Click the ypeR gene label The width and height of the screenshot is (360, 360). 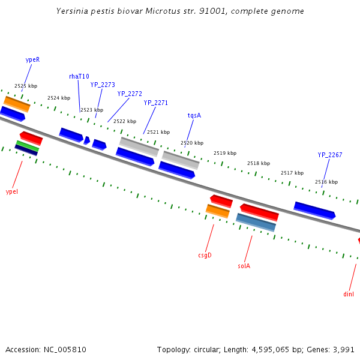pos(32,60)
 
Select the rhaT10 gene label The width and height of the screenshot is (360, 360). pos(79,76)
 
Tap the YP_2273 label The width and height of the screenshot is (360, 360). pos(103,85)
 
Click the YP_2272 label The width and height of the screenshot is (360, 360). pos(130,94)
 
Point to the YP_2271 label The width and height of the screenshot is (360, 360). pos(156,103)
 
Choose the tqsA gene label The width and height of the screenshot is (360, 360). pos(194,115)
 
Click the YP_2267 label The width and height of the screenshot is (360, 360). pos(330,155)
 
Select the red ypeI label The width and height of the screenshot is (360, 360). pos(12,191)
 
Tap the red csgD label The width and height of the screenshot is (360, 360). pos(205,255)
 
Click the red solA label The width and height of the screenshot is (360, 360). pos(244,266)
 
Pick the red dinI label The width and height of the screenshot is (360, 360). pos(349,294)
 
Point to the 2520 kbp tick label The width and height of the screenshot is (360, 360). pos(192,143)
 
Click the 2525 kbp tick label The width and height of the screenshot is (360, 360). pos(26,86)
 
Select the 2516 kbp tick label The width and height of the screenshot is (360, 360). pos(326,182)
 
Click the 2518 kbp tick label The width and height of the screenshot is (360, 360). pos(259,163)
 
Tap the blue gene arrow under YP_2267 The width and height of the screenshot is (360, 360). pos(314,210)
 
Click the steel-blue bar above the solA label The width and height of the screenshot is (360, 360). pos(256,222)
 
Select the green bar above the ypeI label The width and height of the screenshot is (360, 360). pos(27,146)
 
